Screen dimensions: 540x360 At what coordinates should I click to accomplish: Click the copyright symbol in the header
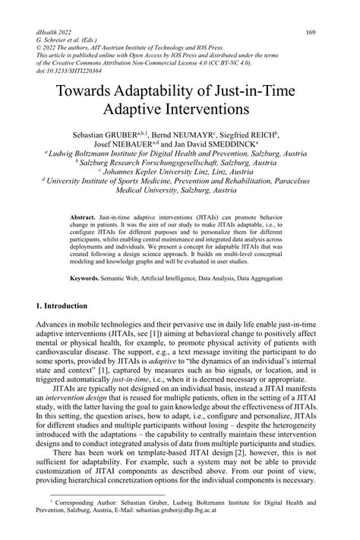[39, 49]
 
